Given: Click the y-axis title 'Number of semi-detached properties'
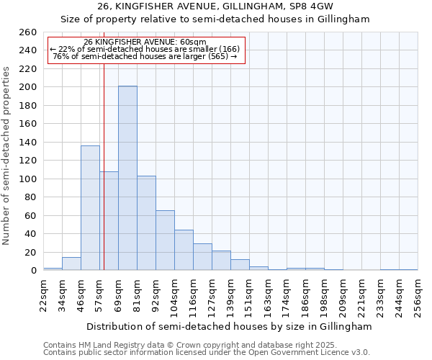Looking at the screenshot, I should (x=7, y=156).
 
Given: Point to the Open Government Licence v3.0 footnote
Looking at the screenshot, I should (x=207, y=352).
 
